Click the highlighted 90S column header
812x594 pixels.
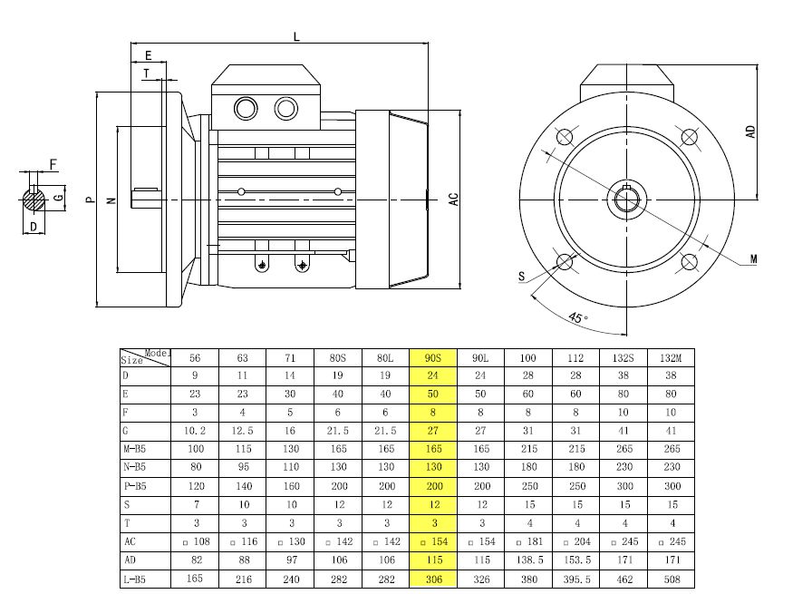pos(433,358)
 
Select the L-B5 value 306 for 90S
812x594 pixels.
pos(434,579)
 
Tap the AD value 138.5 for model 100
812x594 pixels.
pos(529,560)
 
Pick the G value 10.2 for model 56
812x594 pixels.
pos(195,431)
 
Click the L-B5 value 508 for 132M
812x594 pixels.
pos(672,579)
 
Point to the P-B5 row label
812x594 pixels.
pos(135,486)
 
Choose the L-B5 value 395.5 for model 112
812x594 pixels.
pos(577,579)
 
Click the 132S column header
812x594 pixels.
pos(623,358)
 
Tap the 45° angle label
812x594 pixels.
pos(577,316)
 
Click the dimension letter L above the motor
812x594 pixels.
pos(296,37)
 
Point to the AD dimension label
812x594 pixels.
pos(750,131)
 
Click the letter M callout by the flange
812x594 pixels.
pos(753,259)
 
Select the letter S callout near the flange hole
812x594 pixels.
pos(521,277)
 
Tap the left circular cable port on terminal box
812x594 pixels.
pos(246,109)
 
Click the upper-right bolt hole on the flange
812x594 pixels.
pos(689,137)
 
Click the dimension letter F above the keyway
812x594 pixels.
pos(53,165)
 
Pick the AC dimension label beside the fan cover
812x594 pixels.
pos(454,200)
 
